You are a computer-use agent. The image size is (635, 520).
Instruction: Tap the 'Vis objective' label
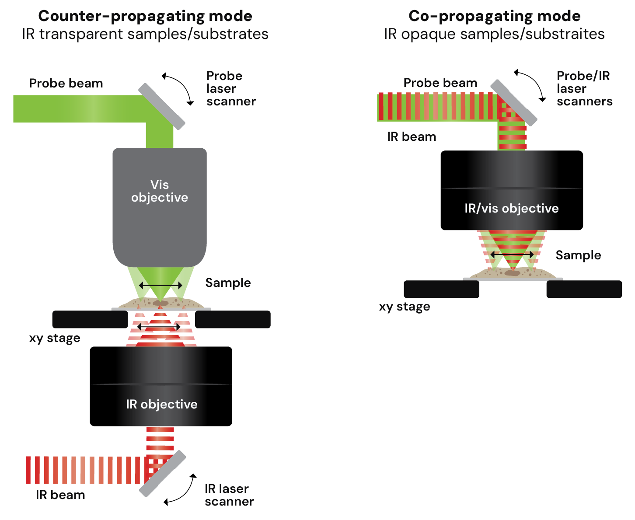click(159, 191)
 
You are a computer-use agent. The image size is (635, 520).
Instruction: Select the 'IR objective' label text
click(162, 405)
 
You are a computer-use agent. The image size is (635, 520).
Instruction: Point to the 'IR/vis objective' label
click(511, 208)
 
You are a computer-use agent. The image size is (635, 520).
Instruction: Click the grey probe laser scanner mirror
click(162, 107)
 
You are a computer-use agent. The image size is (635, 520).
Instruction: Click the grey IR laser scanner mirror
click(162, 474)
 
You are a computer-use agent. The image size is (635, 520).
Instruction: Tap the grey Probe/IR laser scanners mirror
click(514, 103)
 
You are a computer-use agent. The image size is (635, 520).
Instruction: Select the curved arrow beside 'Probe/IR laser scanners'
click(534, 82)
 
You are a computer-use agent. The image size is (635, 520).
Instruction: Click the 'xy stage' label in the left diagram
click(55, 338)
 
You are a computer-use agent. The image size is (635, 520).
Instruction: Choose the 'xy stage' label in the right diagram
click(405, 307)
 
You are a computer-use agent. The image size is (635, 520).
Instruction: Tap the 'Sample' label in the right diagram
click(578, 255)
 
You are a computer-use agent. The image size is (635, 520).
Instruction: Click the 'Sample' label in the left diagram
click(228, 283)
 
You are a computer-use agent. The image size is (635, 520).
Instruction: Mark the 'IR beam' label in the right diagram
click(412, 137)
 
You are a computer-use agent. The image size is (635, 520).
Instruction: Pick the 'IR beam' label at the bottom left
click(60, 495)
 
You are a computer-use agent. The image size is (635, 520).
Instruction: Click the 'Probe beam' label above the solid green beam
click(66, 83)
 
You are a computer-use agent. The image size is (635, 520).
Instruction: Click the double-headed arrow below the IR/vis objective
click(512, 255)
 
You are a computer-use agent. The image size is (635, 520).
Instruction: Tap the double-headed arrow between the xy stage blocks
click(159, 327)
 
